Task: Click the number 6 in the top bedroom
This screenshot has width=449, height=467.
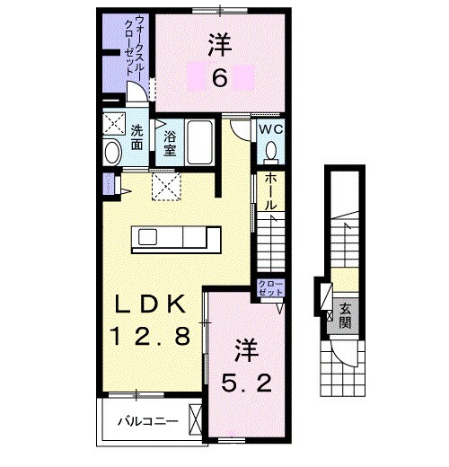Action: coord(220,79)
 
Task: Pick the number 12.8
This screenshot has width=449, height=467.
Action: coord(151,338)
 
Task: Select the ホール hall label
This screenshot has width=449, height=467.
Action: coord(269,191)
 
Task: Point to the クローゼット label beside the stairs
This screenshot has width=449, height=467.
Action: coord(270,288)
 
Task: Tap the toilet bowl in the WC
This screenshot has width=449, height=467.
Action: coord(271,152)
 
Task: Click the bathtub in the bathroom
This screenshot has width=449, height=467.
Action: coord(199,142)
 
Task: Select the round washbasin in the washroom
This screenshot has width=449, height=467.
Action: coord(112,152)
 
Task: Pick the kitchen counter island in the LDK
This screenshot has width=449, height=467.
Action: coord(177,239)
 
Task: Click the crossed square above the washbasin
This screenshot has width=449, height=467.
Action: coord(113,125)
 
